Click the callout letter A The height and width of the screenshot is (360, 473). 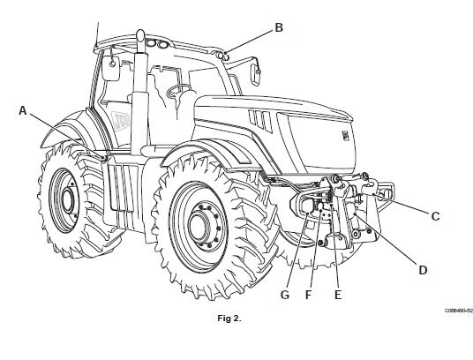pos(23,110)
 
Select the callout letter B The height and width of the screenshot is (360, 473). pos(279,27)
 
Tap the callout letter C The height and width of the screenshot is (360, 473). pos(435,216)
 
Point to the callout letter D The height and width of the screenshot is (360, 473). pos(423,270)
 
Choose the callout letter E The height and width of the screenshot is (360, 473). pos(338,295)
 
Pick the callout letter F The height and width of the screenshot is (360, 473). pos(308,295)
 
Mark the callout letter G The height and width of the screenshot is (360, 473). pos(285,295)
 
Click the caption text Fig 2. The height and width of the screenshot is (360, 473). pos(229,319)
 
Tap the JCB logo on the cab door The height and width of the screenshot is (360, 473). pos(121,121)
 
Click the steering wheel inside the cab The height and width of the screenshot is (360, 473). pos(178,91)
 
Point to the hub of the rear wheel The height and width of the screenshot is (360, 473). pos(68,199)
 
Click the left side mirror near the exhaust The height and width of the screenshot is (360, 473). pos(110,68)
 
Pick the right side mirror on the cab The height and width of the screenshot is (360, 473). pos(255,72)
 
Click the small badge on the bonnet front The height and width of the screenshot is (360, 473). pos(345,135)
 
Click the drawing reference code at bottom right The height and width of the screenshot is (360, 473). pos(459,311)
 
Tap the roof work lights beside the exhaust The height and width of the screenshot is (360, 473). pos(157,44)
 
